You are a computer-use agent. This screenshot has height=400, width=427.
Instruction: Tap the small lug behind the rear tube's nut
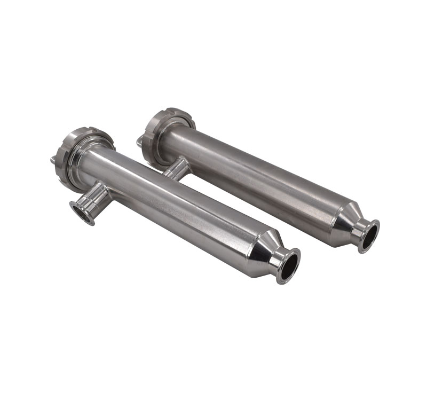(140, 142)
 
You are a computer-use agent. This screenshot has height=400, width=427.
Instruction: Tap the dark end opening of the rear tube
(369, 236)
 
